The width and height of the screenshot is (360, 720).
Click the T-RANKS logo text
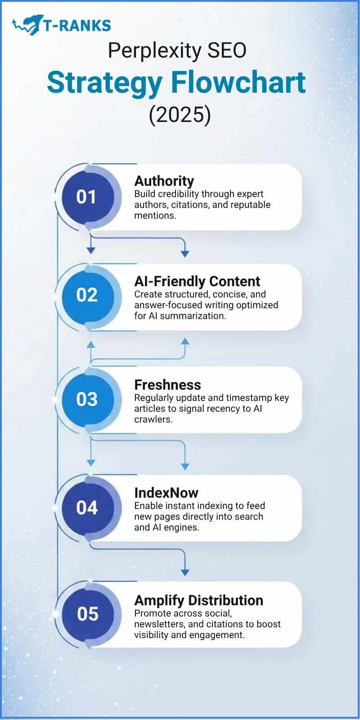pos(77,25)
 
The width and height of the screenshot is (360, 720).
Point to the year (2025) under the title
pos(180,115)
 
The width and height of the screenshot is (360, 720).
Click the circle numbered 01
pos(86,197)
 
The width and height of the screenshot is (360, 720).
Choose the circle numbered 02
pos(87,295)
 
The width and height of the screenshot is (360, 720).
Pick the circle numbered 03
pos(87,399)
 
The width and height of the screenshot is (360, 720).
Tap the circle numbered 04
pos(87,508)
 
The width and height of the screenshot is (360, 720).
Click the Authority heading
pos(164,181)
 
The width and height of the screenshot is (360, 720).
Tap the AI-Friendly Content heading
pos(197,281)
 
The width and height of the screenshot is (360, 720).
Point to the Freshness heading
pos(167,385)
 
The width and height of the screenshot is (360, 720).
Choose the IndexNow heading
pos(166,493)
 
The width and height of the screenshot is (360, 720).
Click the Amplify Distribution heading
pos(198,600)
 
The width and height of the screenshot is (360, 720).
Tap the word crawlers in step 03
pos(153,419)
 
